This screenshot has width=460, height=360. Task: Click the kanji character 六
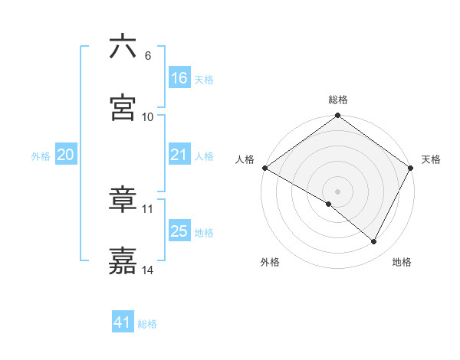point(123,47)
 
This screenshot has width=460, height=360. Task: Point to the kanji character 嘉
point(123,260)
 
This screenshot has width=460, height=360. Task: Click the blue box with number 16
point(179,78)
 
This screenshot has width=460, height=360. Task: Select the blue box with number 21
point(179,155)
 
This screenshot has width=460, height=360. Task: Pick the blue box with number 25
point(179,231)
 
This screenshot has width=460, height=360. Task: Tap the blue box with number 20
point(66,155)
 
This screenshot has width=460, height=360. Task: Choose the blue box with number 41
point(123,322)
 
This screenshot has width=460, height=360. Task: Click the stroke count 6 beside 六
point(148,56)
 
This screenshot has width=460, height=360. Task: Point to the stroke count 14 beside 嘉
point(149,270)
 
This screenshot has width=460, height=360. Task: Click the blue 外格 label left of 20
point(41,155)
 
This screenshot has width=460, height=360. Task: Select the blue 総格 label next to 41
point(147,324)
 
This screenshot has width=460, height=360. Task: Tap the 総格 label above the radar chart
point(338,100)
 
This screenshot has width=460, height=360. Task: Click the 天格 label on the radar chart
point(431,159)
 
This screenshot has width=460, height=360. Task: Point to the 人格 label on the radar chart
point(245,159)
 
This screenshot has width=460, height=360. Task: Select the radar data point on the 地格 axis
point(374,242)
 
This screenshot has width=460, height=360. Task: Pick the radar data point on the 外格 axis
point(329,204)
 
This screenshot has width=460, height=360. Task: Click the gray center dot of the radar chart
point(338,191)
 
